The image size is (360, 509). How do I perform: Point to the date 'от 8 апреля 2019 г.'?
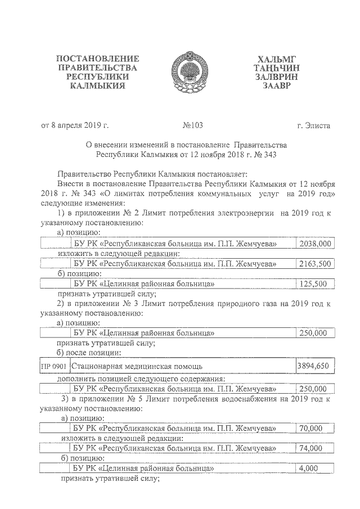point(75,125)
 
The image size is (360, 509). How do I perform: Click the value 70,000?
point(311,428)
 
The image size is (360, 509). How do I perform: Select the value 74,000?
point(311,448)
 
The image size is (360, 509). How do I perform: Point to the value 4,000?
point(308,468)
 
